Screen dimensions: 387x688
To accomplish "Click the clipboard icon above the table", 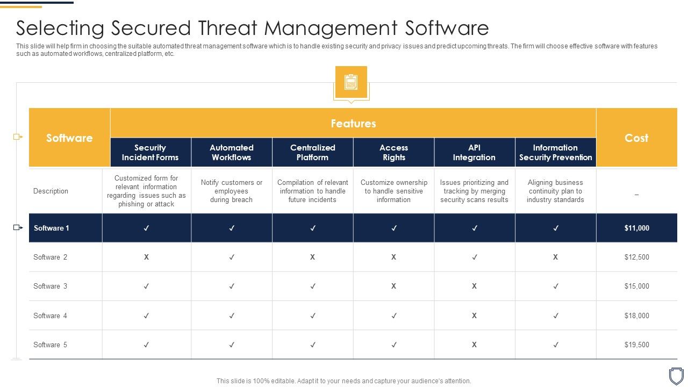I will tap(351, 82).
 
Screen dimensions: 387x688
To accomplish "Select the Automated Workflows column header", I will tap(231, 152).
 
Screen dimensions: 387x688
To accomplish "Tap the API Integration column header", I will tap(474, 152).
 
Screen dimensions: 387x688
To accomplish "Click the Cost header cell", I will tap(636, 138).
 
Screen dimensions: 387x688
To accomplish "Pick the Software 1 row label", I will tap(52, 228).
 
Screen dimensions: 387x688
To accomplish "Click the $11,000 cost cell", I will tap(636, 228).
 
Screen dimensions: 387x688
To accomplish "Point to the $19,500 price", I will tap(636, 345).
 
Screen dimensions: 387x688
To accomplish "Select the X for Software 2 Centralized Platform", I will tap(312, 257).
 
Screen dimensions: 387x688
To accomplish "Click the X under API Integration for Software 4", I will tap(474, 316).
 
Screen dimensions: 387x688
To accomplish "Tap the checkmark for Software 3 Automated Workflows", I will tap(232, 286).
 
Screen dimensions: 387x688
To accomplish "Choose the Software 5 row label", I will tap(50, 345).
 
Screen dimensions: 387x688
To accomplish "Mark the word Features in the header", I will tap(353, 123).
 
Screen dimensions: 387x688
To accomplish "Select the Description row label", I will tap(51, 191).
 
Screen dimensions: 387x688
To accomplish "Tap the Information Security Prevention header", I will tap(555, 152).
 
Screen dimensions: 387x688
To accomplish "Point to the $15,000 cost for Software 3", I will tap(636, 286).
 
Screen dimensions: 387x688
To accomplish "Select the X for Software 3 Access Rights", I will tap(393, 286).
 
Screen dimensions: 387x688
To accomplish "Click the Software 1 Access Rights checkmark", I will tap(394, 228).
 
